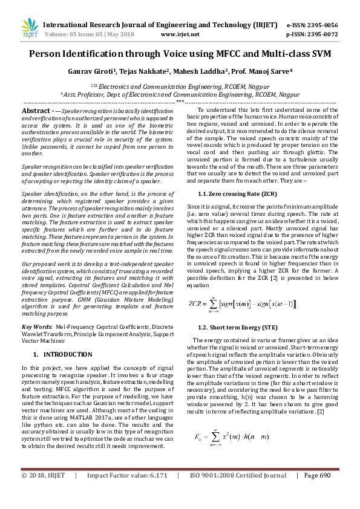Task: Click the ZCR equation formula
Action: tap(243, 303)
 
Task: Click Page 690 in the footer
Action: tap(318, 492)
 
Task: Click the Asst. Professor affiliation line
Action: tap(180, 94)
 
